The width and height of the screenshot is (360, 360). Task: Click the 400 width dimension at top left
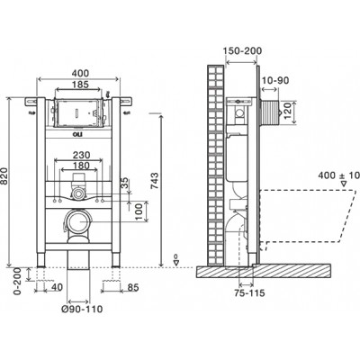point(80,73)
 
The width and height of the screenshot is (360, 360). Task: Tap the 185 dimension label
point(80,85)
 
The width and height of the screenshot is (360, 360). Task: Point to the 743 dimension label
point(155,181)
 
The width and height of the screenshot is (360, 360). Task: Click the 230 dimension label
point(82,155)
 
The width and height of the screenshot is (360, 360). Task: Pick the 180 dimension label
point(81,166)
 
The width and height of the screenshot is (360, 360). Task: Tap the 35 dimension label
point(124,184)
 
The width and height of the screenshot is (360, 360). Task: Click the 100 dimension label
point(139,211)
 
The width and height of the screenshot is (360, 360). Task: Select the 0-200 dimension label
point(18,281)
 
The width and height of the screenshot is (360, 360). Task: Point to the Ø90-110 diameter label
point(82,309)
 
